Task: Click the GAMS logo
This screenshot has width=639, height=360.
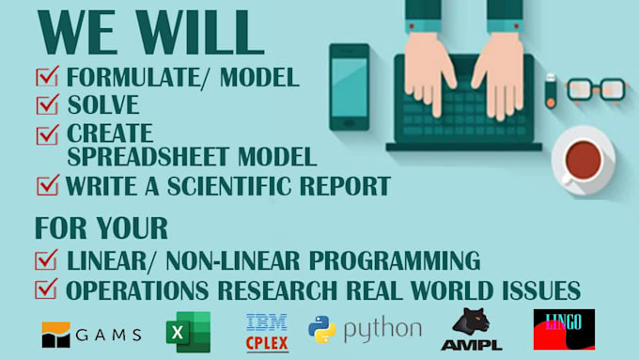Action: coord(91,333)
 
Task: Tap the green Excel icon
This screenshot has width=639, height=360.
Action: coord(187,331)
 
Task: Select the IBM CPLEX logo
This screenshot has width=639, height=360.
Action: coord(266,331)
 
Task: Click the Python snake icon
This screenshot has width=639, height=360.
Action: coord(322,329)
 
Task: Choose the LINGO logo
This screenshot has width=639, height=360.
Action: coord(563,330)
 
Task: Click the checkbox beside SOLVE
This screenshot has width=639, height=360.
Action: coord(46,104)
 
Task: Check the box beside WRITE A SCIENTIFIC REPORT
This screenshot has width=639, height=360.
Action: coord(46,184)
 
